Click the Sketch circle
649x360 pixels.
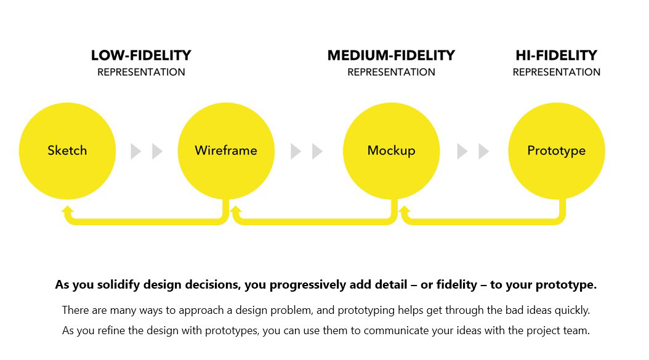point(68,151)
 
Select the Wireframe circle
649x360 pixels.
point(226,151)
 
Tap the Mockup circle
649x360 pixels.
point(391,151)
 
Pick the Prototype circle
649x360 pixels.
point(557,151)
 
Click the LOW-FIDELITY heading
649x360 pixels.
point(141,55)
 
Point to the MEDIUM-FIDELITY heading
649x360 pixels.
point(391,55)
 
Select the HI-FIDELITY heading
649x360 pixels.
point(556,55)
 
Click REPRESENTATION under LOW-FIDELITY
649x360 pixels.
point(141,72)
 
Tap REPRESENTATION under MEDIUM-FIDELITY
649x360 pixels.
point(391,72)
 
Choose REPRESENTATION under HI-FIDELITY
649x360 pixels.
point(556,72)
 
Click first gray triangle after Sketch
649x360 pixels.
point(135,151)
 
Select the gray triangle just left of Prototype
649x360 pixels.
point(483,151)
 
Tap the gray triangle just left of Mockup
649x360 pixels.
point(316,151)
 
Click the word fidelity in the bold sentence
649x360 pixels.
point(457,285)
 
